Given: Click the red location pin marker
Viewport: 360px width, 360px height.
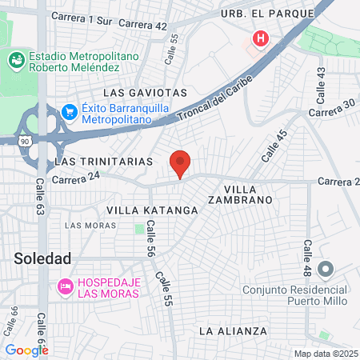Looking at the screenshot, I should pyautogui.click(x=180, y=162).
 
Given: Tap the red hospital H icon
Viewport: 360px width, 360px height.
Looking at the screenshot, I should pyautogui.click(x=261, y=38).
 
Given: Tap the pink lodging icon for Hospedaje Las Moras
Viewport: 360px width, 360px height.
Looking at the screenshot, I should pyautogui.click(x=65, y=286).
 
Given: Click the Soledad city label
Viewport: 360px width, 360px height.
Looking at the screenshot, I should pyautogui.click(x=42, y=258).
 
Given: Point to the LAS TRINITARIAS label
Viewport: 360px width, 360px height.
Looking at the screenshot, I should pyautogui.click(x=103, y=161).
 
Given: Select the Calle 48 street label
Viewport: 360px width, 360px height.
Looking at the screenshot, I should pyautogui.click(x=307, y=259).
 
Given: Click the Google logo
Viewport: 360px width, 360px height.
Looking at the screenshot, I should pyautogui.click(x=26, y=350).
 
